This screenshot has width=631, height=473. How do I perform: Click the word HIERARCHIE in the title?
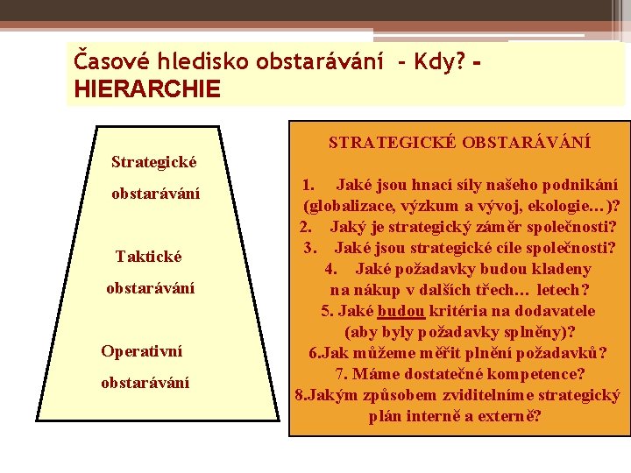tap(148, 88)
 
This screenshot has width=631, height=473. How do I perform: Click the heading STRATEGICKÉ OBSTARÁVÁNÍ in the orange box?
tap(459, 142)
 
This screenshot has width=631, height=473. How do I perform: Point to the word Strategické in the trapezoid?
tap(154, 162)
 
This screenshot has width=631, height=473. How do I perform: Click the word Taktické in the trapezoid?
tap(149, 257)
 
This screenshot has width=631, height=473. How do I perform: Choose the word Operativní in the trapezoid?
tap(142, 351)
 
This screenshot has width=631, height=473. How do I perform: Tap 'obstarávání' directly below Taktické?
tap(150, 288)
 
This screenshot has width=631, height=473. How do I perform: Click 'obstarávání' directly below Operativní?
tap(145, 383)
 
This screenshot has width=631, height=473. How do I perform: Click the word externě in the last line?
tap(510, 416)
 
